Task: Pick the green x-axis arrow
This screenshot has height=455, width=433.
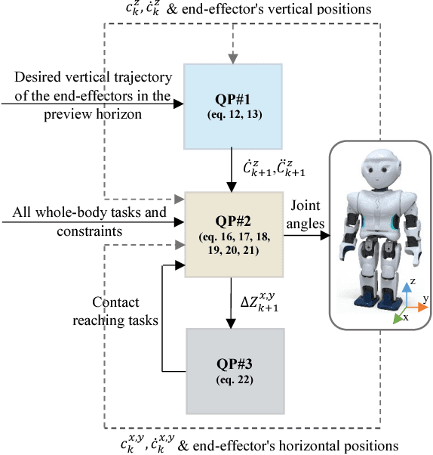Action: [x=400, y=316]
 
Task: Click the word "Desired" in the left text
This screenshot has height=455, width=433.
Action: [x=34, y=77]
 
